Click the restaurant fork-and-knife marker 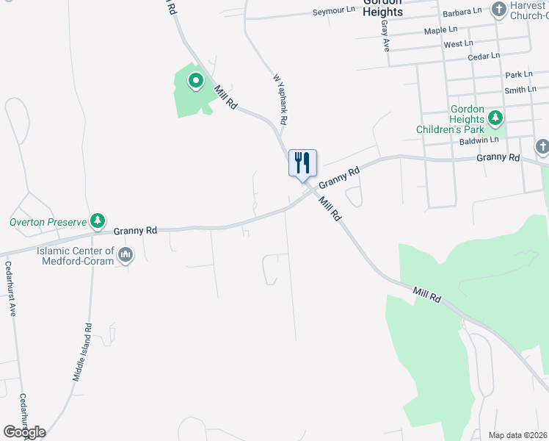(302, 162)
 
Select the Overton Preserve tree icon (97, 220)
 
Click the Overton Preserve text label (48, 221)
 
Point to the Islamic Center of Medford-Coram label (76, 256)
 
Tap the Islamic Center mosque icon (126, 255)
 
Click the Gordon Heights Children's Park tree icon (495, 118)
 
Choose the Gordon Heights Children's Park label (467, 119)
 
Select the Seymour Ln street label (333, 12)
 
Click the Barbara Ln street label (462, 12)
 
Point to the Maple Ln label (440, 31)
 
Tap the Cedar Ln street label (484, 55)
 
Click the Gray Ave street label (385, 35)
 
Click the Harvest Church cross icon (499, 10)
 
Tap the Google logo (24, 431)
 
